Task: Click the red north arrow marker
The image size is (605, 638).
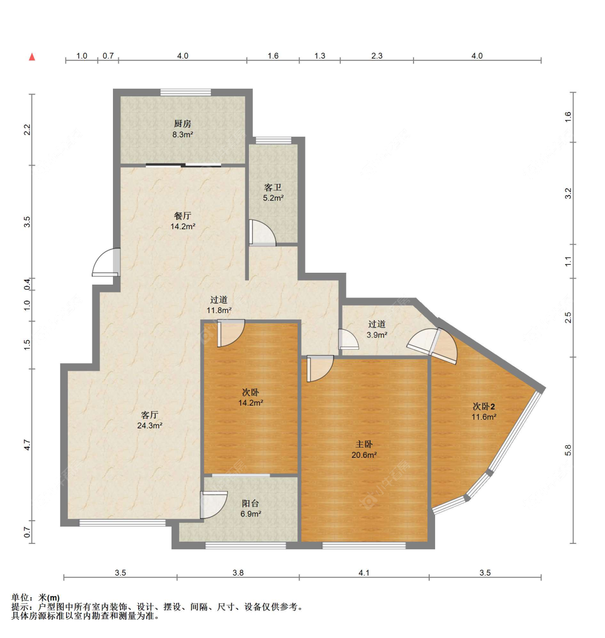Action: (32, 56)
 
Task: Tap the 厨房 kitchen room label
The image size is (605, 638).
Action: (182, 124)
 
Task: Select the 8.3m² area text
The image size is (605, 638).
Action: (182, 134)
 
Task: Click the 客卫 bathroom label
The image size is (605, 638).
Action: (273, 188)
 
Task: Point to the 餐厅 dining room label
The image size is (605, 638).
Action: (182, 216)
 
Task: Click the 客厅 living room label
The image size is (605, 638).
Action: (150, 415)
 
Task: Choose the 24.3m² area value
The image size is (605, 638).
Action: (150, 426)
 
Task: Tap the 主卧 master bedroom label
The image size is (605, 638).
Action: (364, 444)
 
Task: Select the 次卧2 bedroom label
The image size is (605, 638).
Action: (484, 407)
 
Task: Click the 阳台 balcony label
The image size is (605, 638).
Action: (250, 504)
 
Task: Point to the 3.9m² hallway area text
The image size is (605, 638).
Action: (377, 335)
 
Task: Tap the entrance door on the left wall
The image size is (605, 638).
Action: (106, 263)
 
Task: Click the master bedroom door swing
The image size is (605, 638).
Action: (320, 368)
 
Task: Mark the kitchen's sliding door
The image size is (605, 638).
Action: (183, 165)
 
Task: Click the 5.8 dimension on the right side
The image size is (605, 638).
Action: (568, 450)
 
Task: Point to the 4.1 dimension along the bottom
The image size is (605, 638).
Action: (364, 573)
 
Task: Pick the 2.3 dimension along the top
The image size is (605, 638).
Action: (377, 56)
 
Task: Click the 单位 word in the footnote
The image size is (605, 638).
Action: (19, 598)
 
